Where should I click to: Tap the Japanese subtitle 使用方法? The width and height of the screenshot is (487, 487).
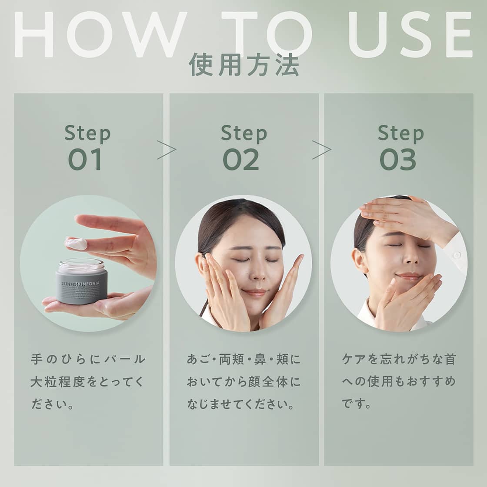(x=244, y=65)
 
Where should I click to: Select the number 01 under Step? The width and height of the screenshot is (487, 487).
(x=86, y=159)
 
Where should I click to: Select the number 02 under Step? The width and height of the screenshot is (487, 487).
(x=241, y=159)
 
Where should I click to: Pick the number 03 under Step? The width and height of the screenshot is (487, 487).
(x=398, y=159)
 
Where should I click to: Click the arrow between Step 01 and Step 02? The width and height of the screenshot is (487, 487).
(x=167, y=150)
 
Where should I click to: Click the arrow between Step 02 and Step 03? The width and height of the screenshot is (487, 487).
(x=322, y=150)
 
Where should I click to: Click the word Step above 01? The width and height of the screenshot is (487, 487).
(x=87, y=133)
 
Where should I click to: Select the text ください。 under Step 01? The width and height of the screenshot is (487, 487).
(x=52, y=404)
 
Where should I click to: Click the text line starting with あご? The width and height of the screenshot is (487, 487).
(x=243, y=360)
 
